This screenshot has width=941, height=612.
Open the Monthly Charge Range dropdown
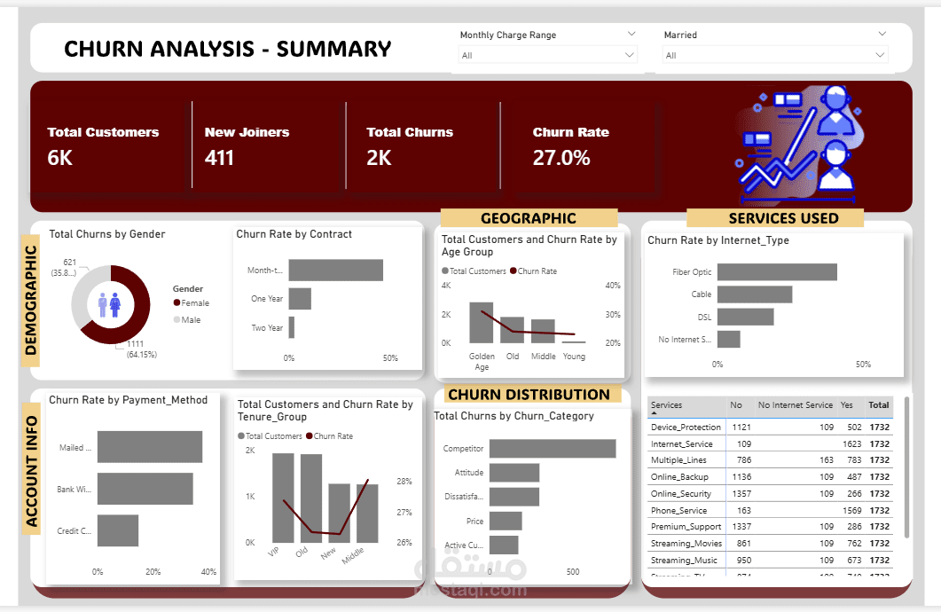547,55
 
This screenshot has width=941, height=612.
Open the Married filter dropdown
774,55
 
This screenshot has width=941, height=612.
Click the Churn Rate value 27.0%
561,158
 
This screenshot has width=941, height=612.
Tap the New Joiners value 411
219,158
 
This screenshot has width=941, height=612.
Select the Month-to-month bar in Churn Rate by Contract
335,270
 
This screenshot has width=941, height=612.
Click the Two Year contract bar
291,327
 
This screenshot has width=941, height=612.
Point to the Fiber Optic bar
777,272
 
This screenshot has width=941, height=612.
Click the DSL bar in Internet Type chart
745,317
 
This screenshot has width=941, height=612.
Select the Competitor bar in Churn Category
552,449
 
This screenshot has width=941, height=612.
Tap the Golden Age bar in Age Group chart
481,323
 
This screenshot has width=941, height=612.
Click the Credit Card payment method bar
117,530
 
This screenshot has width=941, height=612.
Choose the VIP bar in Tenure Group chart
283,498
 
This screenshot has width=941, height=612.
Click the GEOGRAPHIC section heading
529,218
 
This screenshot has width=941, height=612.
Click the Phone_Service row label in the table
679,510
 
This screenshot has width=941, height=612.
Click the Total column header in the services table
878,405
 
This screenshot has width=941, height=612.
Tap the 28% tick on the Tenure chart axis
404,481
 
